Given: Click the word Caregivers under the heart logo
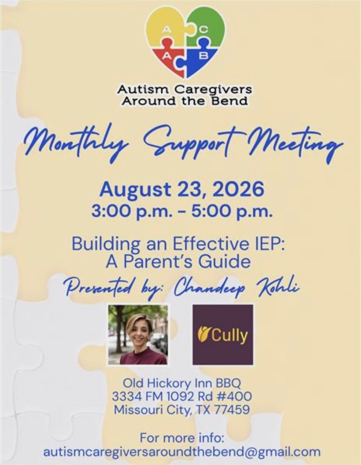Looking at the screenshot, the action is coord(213,90).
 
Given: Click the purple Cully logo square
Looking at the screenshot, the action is coord(223,335).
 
